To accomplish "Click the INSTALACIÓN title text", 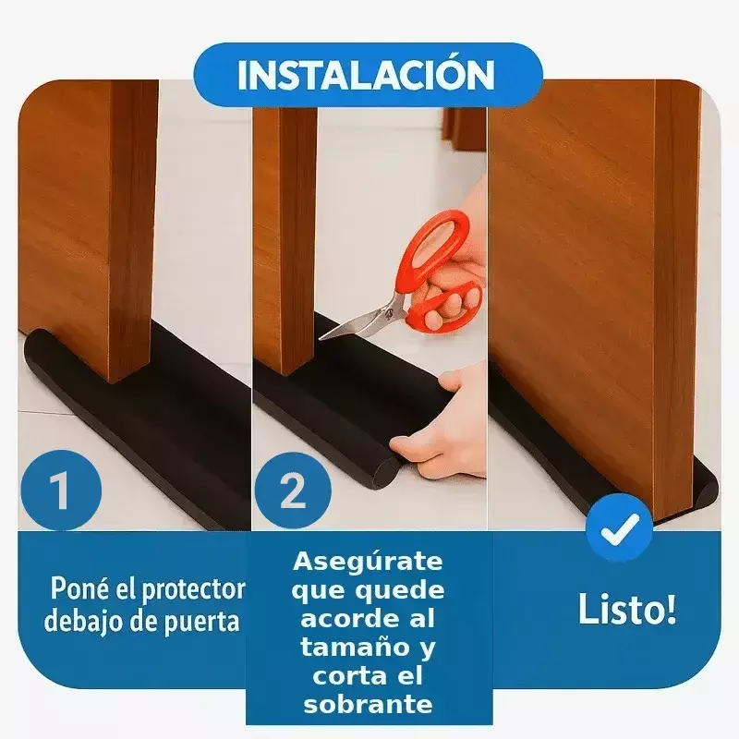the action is pos(366,76).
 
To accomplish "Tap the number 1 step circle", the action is pos(60,491).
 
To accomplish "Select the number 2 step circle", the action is pos(293,491).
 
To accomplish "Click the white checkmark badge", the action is pos(620,528).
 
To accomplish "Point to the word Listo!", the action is pos(627,609).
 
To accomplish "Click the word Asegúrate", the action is pos(368,563).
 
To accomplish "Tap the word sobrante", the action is pos(368,705).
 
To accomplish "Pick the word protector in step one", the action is pos(194,591).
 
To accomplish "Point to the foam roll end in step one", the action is pos(34,343).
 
